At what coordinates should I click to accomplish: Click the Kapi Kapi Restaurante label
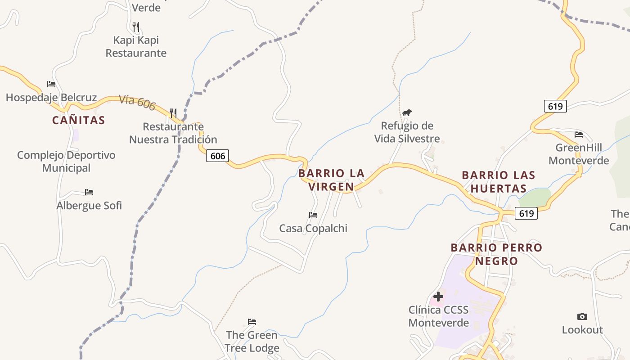click(136, 46)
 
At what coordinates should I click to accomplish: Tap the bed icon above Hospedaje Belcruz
click(51, 84)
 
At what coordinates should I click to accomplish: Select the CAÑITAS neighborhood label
click(78, 120)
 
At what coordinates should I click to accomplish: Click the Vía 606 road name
click(137, 103)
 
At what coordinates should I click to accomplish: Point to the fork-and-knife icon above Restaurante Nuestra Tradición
click(173, 112)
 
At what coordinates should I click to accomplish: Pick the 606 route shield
click(218, 156)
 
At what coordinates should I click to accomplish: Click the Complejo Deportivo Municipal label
click(66, 162)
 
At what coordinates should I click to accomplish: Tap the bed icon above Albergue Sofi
click(89, 192)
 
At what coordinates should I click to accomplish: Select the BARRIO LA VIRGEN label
click(331, 180)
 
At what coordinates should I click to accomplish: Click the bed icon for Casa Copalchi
click(313, 215)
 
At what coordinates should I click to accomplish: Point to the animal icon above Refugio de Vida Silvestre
click(407, 112)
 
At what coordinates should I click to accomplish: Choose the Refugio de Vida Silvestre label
click(407, 132)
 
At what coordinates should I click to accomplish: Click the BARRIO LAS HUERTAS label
click(499, 182)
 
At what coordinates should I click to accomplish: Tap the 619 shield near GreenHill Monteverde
click(555, 106)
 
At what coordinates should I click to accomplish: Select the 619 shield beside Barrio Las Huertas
click(526, 213)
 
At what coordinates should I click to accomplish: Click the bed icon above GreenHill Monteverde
click(579, 135)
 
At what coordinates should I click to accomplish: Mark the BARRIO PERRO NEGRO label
click(496, 254)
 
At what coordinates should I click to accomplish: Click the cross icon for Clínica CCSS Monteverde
click(438, 297)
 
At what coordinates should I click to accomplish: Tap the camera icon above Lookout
click(582, 316)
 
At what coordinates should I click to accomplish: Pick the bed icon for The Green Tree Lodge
click(252, 322)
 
